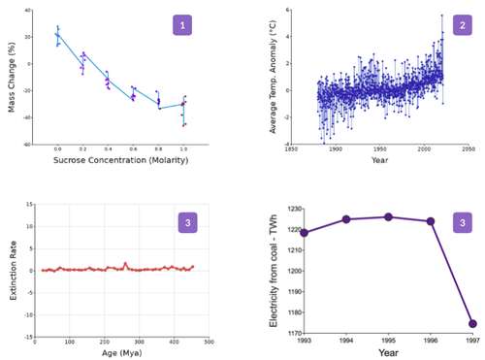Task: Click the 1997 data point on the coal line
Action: (471, 323)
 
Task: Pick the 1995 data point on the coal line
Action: (388, 216)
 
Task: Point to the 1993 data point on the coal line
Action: (305, 232)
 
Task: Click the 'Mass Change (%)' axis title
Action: (13, 75)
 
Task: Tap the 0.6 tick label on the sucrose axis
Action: (133, 151)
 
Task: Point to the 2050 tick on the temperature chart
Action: (468, 149)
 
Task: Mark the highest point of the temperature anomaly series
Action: (441, 16)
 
